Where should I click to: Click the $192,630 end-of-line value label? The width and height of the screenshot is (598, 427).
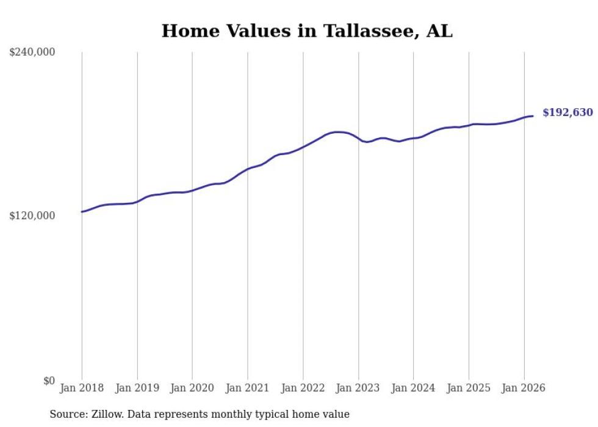point(567,112)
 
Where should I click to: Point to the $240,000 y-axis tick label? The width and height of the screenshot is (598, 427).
point(32,52)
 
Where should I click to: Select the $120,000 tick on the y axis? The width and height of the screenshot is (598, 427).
point(32,216)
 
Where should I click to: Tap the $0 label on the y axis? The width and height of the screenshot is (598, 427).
point(49,381)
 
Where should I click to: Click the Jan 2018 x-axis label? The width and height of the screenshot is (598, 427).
point(82,388)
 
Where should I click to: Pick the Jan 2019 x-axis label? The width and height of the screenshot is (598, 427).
point(137,388)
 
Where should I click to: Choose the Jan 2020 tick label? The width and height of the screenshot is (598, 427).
point(192,388)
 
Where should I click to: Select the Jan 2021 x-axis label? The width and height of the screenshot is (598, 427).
point(248,388)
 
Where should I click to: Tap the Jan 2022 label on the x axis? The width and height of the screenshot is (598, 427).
point(303,388)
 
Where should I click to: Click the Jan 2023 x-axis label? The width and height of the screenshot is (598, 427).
point(358,388)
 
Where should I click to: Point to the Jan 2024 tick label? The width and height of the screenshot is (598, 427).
point(413,388)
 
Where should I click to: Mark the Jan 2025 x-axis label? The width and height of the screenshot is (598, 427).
point(469,388)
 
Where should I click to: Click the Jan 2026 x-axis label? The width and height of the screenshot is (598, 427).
point(524,388)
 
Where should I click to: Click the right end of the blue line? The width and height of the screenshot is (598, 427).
point(533,116)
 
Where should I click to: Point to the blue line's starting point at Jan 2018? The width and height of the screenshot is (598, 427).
point(82,212)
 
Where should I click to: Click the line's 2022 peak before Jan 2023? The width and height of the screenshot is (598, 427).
point(337,132)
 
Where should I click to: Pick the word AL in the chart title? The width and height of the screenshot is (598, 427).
point(439,31)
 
